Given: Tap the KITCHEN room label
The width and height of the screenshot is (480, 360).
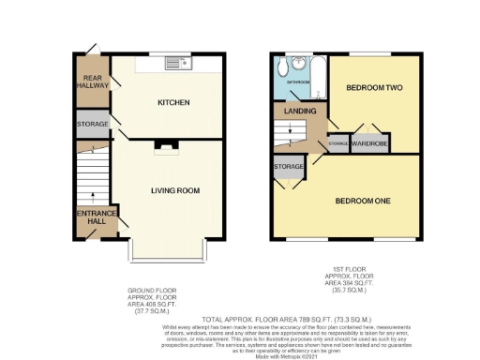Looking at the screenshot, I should coord(173,102).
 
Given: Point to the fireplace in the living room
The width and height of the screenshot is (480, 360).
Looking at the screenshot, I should coord(165,144).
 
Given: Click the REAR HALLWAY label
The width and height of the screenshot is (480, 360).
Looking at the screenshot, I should coord(93,81).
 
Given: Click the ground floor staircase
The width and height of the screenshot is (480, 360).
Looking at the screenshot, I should coord(93,178).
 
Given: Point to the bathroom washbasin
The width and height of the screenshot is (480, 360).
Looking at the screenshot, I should coord(297,64).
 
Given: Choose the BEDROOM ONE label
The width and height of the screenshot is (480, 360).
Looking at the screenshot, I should coord(364,201).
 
